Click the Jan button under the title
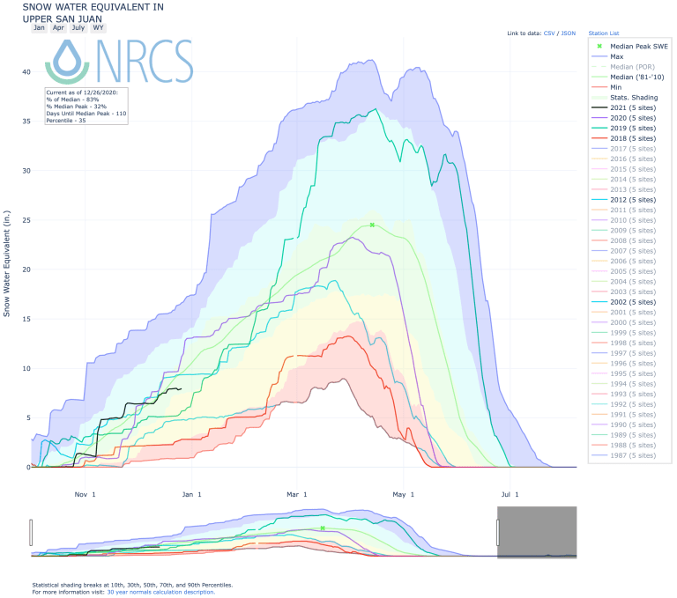pos(39,27)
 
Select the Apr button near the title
pos(58,27)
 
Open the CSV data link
pos(549,33)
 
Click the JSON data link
pos(569,33)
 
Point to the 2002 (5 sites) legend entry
pos(632,302)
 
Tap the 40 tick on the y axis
pos(26,72)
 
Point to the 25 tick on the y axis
pos(26,220)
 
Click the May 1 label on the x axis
pos(403,494)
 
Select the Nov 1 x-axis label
pos(86,494)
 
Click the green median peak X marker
pos(373,225)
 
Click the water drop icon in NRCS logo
pos(68,60)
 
